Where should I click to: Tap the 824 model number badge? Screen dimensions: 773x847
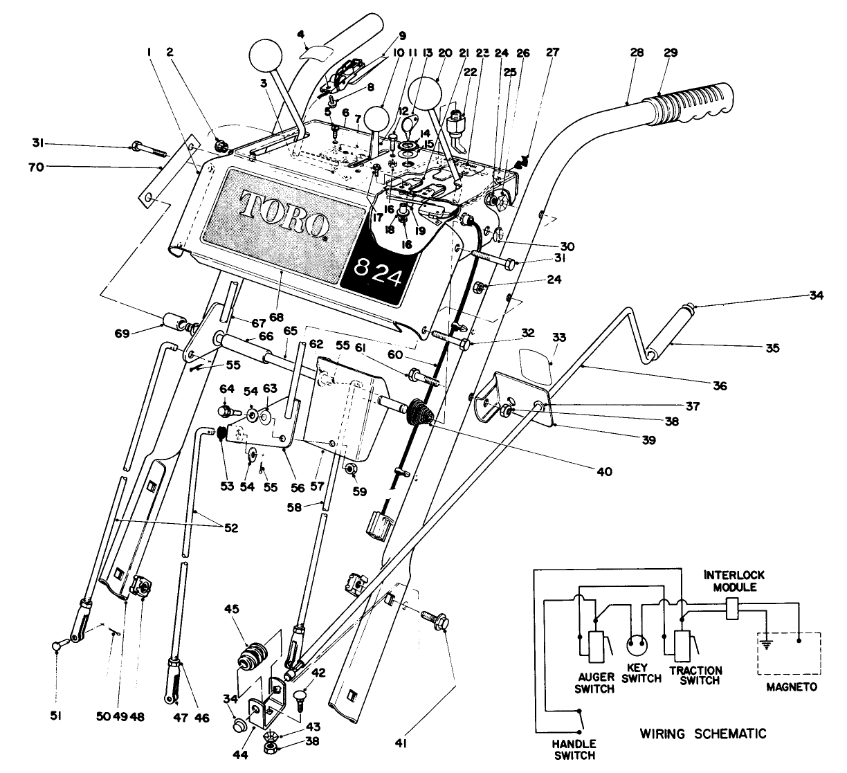(376, 271)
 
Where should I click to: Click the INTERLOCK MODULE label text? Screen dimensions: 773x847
(734, 580)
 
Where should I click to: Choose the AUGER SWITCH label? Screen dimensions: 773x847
(594, 684)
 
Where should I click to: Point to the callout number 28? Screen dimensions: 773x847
(637, 52)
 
